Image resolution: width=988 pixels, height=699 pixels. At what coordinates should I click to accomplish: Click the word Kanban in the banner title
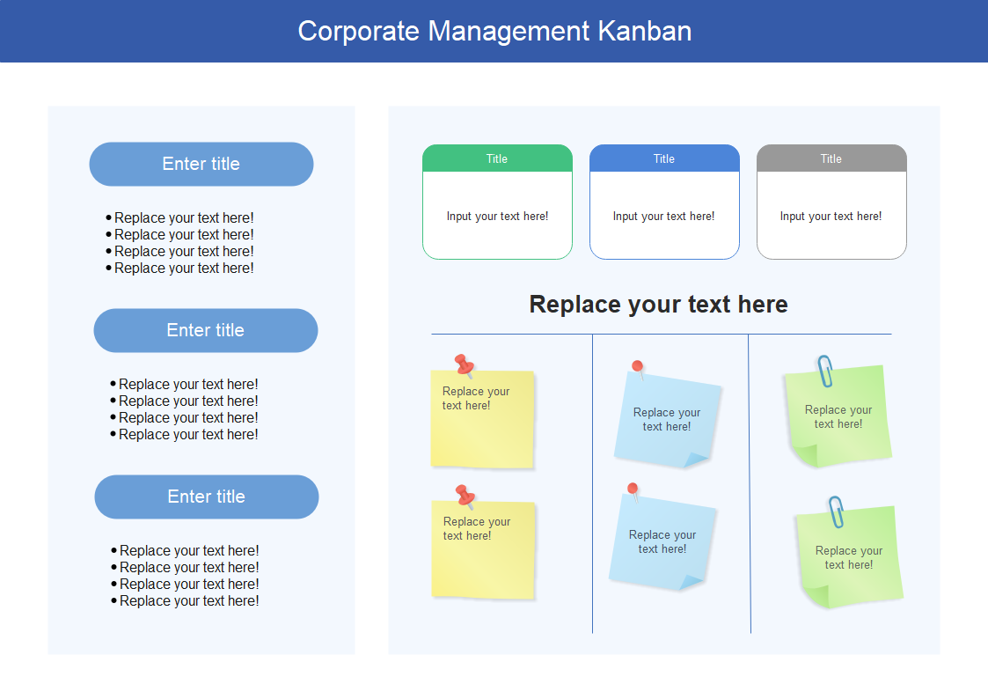pyautogui.click(x=644, y=31)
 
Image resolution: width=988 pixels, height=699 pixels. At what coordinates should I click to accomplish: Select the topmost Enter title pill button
pyautogui.click(x=201, y=164)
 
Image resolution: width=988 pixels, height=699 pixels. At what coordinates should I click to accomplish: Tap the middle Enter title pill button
pyautogui.click(x=205, y=330)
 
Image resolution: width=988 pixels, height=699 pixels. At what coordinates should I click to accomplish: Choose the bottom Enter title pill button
pyautogui.click(x=207, y=497)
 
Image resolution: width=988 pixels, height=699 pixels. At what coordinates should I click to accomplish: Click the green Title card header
pyautogui.click(x=497, y=158)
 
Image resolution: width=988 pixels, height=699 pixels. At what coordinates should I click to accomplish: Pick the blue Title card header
pyautogui.click(x=664, y=158)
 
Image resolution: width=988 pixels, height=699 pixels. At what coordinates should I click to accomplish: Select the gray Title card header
pyautogui.click(x=831, y=158)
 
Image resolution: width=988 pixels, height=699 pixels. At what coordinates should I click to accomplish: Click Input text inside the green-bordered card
pyautogui.click(x=497, y=217)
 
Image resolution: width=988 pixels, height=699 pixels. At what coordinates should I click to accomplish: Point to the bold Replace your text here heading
pyautogui.click(x=658, y=305)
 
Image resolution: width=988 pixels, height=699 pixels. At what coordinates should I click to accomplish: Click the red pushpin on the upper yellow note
pyautogui.click(x=465, y=365)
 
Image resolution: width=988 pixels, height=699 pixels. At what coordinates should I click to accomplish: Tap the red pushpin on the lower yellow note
pyautogui.click(x=465, y=496)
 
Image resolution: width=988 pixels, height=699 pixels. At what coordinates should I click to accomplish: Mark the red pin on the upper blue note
pyautogui.click(x=639, y=370)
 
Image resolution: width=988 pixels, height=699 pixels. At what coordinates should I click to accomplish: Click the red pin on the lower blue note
pyautogui.click(x=633, y=491)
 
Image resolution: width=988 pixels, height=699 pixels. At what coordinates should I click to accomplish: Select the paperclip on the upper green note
pyautogui.click(x=825, y=372)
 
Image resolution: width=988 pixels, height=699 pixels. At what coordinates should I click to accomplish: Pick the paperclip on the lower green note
pyautogui.click(x=836, y=511)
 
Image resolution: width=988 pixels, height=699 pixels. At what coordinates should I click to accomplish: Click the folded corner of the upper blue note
pyautogui.click(x=696, y=460)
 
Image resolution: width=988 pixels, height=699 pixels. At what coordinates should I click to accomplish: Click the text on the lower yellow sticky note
pyautogui.click(x=476, y=529)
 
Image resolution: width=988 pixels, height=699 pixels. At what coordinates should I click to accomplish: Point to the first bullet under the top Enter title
pyautogui.click(x=179, y=218)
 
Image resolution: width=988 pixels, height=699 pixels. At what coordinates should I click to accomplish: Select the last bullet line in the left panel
pyautogui.click(x=185, y=601)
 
